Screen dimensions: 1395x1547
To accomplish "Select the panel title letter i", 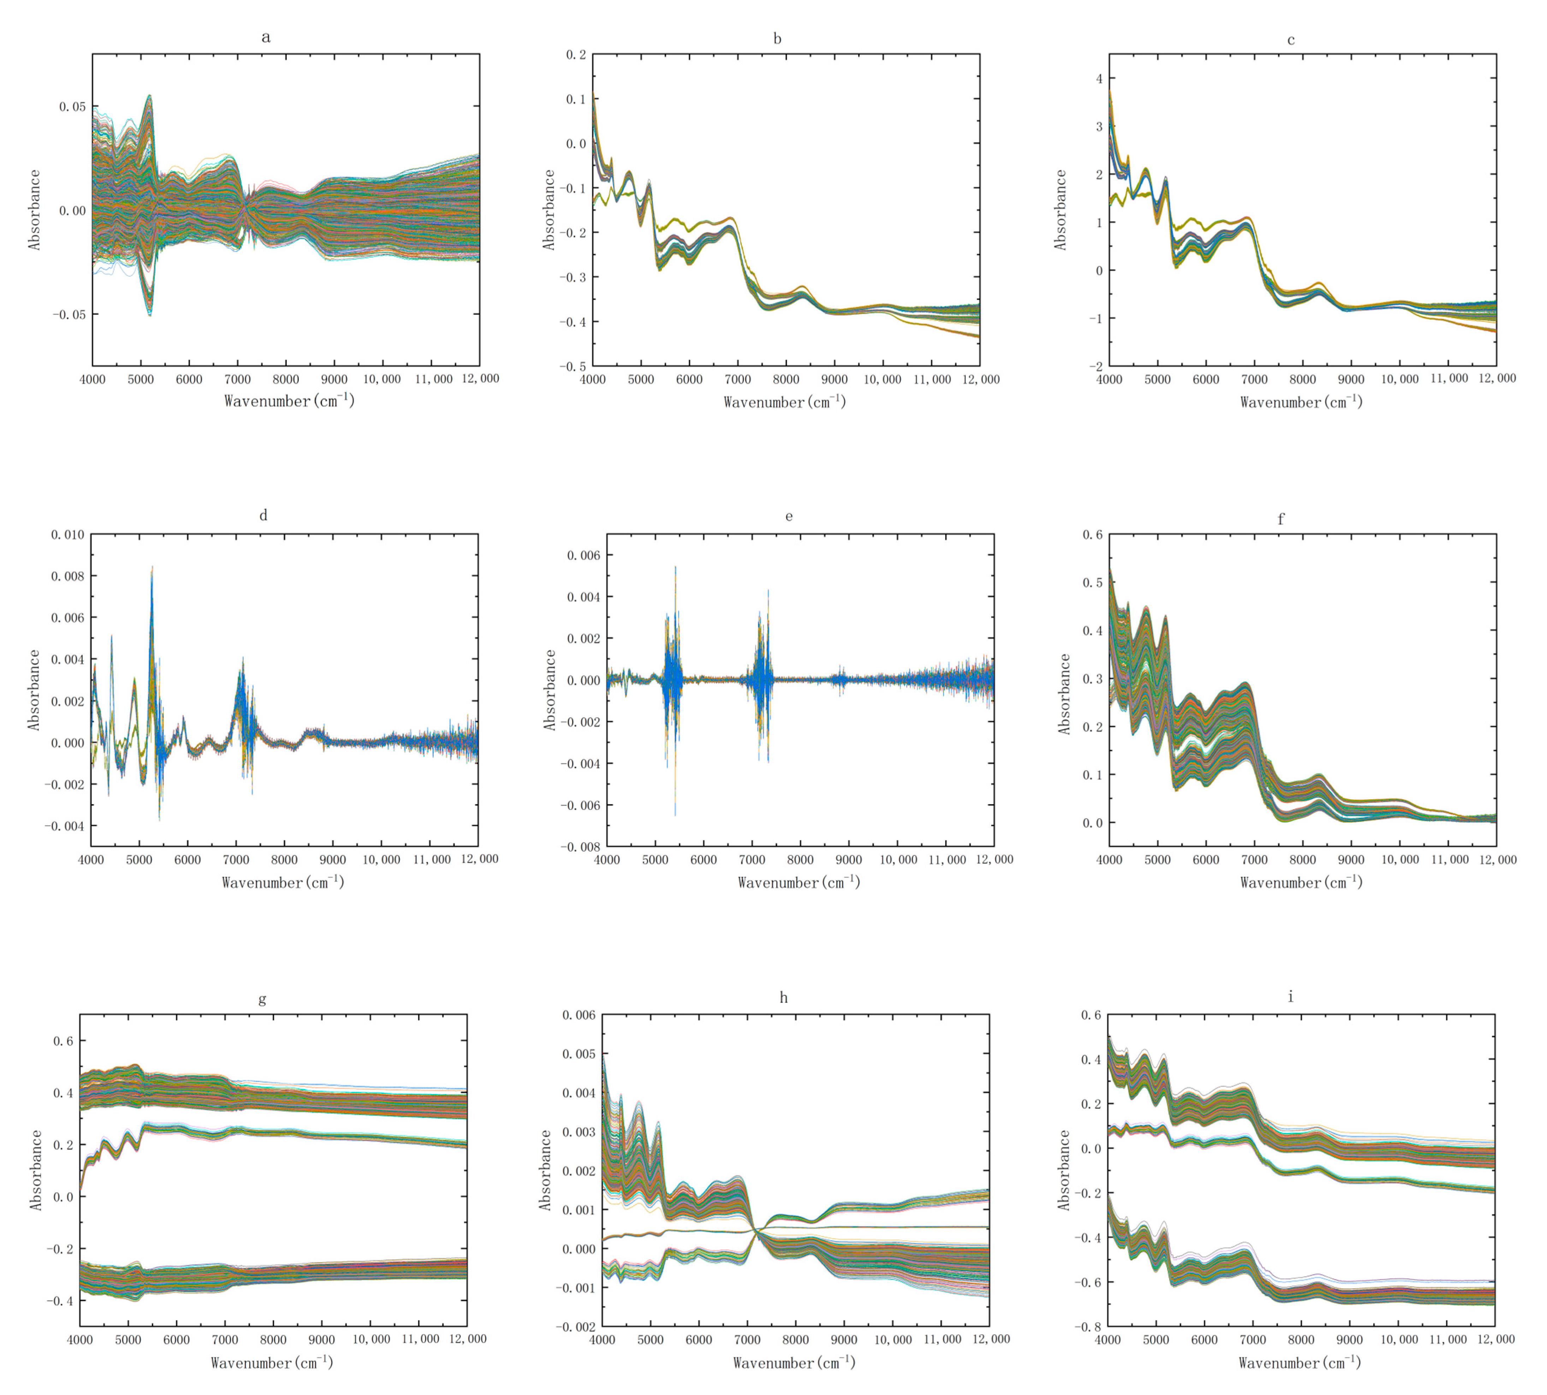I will pyautogui.click(x=1290, y=996).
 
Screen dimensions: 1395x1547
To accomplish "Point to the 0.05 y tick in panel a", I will pyautogui.click(x=73, y=107).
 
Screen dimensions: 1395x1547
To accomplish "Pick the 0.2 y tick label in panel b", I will pyautogui.click(x=575, y=54).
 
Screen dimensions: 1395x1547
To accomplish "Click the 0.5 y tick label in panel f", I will pyautogui.click(x=1092, y=583).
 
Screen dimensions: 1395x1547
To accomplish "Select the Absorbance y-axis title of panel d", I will pyautogui.click(x=34, y=690).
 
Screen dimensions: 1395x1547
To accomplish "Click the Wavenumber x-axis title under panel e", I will pyautogui.click(x=799, y=882).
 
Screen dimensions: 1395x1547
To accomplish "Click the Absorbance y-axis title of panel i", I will pyautogui.click(x=1063, y=1170).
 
